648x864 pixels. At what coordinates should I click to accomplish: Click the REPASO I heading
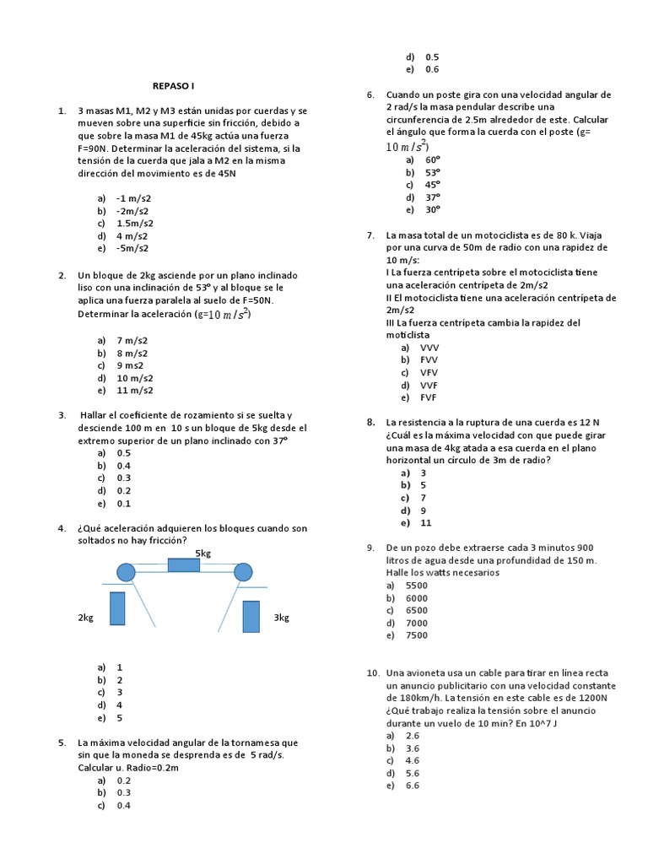[173, 86]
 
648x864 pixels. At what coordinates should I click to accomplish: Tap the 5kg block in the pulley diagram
[184, 565]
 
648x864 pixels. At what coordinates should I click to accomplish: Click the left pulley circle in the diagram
[126, 573]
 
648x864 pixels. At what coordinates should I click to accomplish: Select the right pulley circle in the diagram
[243, 573]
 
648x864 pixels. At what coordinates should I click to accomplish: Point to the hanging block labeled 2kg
[117, 608]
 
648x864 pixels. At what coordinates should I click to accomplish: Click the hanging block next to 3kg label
[251, 616]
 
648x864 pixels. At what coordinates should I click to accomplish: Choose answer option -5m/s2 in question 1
[132, 248]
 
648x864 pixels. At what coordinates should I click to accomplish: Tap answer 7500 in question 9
[417, 635]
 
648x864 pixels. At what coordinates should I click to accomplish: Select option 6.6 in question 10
[413, 786]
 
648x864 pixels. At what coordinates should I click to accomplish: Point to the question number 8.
[370, 422]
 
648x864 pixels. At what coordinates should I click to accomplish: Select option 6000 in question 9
[417, 597]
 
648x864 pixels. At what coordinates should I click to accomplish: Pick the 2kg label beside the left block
[85, 618]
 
